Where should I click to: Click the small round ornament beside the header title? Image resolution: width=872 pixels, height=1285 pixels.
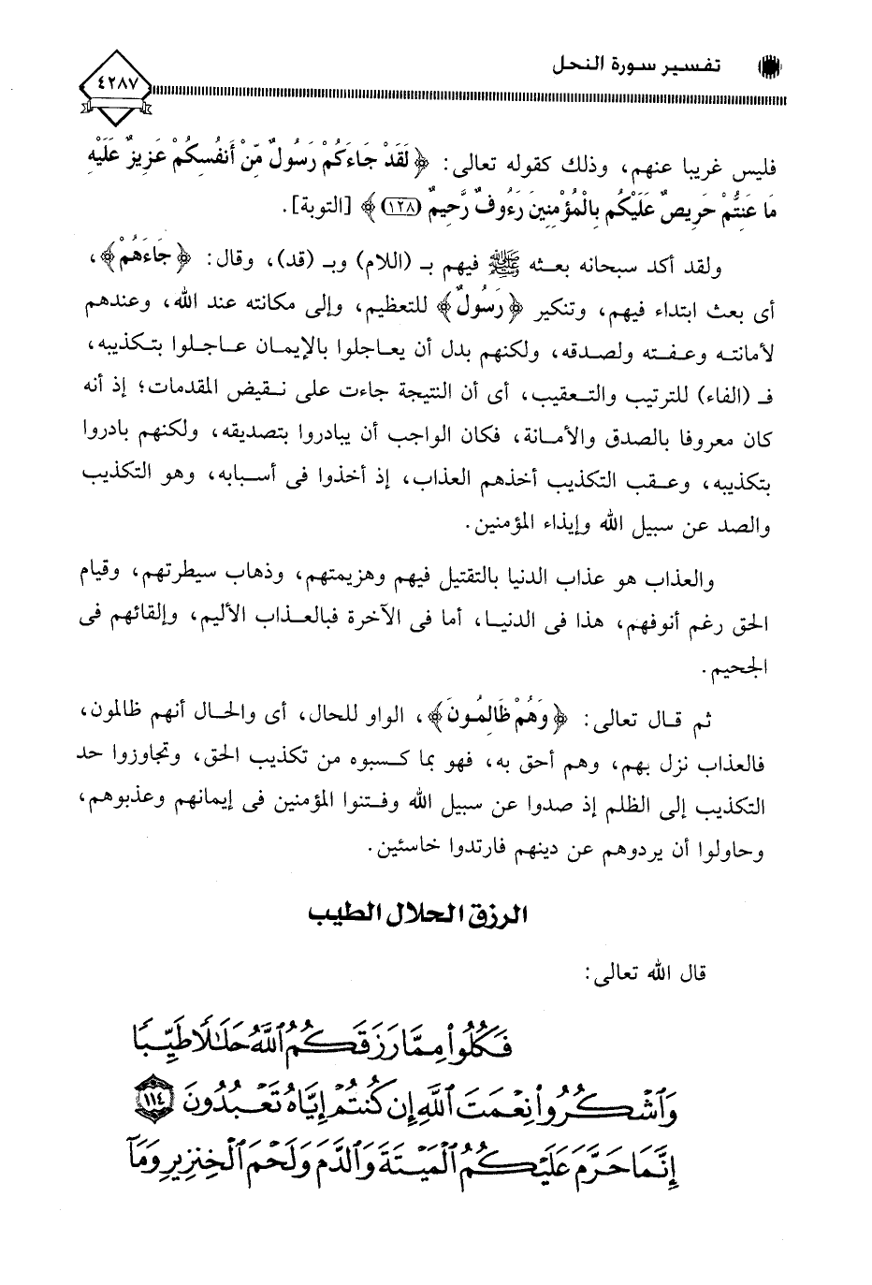click(775, 68)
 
